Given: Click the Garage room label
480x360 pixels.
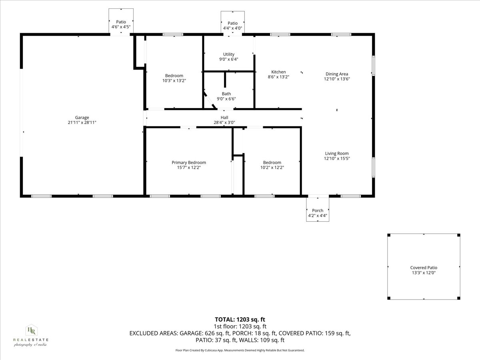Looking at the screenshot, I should pos(82,118).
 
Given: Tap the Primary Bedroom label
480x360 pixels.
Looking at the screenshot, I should pos(189,162).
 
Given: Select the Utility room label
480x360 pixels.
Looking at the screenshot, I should pos(229,54).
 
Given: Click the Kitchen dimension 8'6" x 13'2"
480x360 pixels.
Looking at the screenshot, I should pos(278,77).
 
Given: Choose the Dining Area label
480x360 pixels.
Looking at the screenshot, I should pos(337,74).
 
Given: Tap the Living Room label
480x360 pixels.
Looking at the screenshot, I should pos(337,153).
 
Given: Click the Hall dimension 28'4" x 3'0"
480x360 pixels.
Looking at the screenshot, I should pos(224,123).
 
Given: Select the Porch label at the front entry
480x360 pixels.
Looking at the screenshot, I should pos(318,211).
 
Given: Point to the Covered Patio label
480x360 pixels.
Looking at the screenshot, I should pos(424,268).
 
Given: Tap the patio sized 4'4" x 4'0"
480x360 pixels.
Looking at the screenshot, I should pos(232,26).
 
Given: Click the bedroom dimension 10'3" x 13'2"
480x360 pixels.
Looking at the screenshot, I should pos(174,81).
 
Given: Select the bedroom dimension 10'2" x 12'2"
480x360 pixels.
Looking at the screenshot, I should pos(272,168).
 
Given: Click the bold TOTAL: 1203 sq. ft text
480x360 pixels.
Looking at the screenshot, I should pos(240,319).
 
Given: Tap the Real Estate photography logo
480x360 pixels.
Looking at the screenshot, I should pos(31,335).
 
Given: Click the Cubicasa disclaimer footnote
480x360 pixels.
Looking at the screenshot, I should pos(240,350).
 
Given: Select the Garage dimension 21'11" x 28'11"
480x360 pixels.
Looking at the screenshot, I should pos(82,123).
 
